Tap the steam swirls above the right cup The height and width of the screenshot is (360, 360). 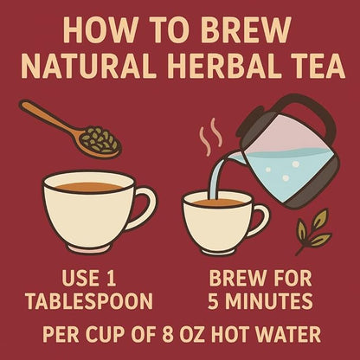(209, 139)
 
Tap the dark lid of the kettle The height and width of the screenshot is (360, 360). (273, 108)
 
